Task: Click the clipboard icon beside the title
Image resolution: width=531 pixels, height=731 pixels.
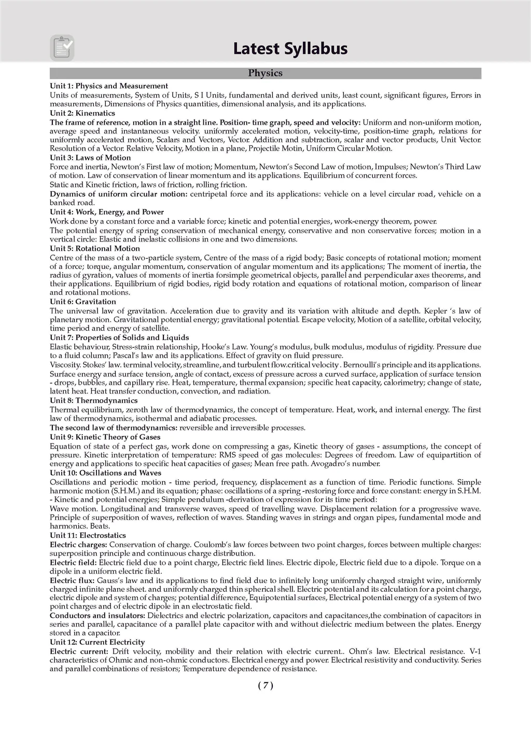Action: [x=62, y=48]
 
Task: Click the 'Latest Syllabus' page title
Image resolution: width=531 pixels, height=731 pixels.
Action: [x=290, y=48]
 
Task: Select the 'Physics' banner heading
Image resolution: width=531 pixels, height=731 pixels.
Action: [x=265, y=73]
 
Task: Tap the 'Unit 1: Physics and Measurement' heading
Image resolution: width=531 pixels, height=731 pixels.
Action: [x=109, y=86]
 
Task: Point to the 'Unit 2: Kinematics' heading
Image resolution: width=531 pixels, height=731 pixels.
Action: [x=82, y=113]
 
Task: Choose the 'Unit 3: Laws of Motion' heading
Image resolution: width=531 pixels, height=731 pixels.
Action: [x=90, y=158]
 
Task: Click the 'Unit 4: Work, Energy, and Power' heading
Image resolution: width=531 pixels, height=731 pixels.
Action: [x=107, y=212]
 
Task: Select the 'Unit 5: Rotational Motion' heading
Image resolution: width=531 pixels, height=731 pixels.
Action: [x=95, y=249]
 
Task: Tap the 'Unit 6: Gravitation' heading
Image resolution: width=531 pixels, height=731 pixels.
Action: [x=83, y=302]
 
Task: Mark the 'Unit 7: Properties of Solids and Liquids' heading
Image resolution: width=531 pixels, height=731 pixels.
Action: [x=119, y=337]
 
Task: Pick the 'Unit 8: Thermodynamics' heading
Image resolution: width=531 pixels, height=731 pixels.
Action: [x=94, y=400]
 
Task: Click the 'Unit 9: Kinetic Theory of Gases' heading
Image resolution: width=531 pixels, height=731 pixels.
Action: [x=105, y=437]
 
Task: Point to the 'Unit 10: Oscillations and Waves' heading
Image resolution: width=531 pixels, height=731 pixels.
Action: [x=105, y=473]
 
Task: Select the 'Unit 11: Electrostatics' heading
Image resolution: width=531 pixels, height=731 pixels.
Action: [x=88, y=535]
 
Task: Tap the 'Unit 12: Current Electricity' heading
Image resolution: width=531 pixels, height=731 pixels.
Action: [x=97, y=642]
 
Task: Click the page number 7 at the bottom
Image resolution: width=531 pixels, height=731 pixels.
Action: [x=265, y=685]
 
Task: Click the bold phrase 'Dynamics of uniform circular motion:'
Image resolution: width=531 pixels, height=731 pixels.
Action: [x=119, y=194]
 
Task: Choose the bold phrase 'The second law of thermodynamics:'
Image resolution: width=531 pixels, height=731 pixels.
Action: [x=114, y=428]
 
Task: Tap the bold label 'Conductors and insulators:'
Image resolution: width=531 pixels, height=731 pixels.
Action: [x=97, y=616]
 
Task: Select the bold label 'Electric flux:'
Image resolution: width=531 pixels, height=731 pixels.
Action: [x=72, y=580]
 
